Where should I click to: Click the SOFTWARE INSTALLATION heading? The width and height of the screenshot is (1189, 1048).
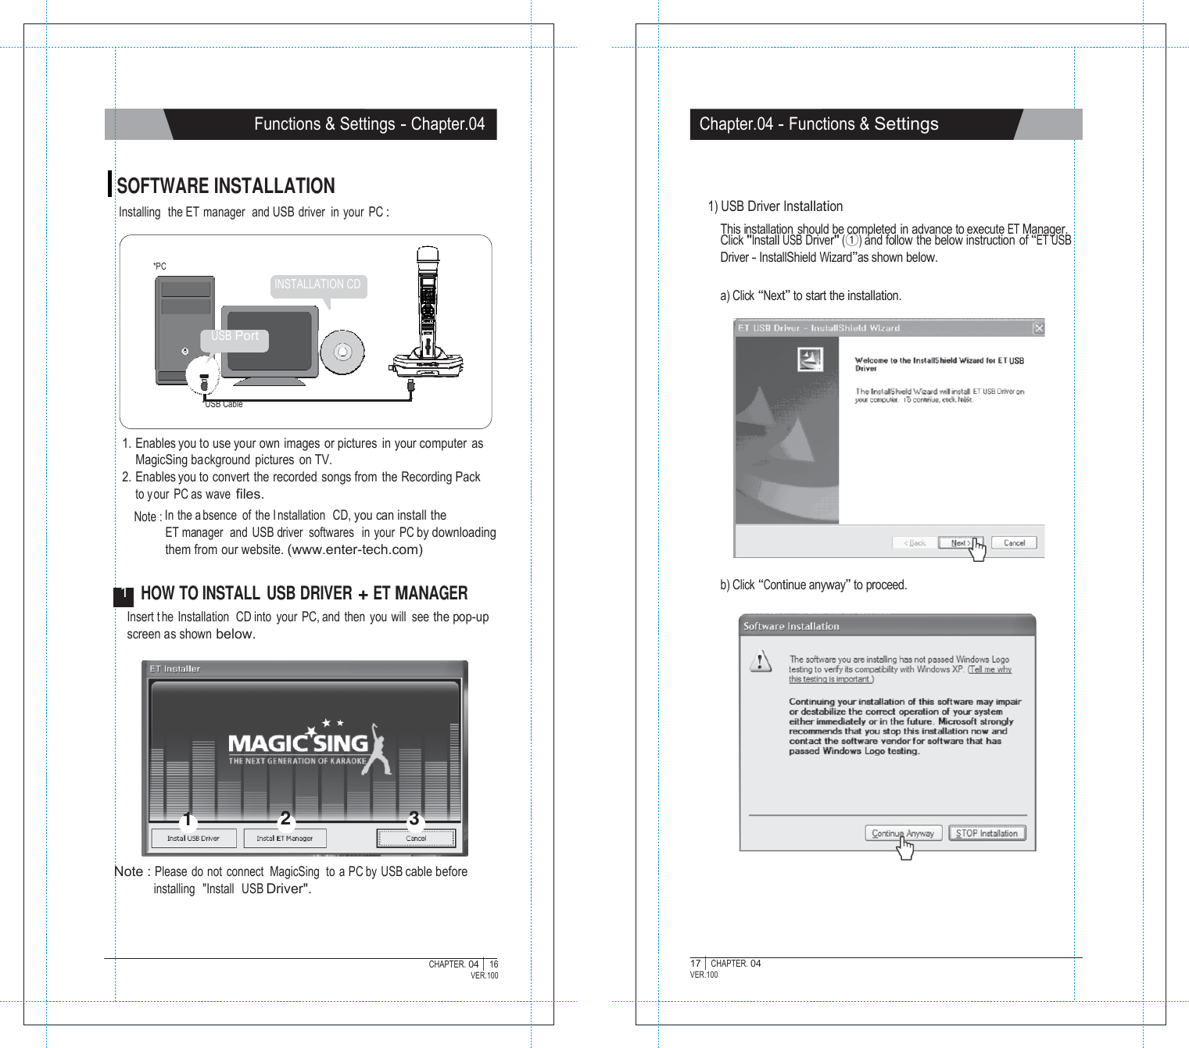pyautogui.click(x=225, y=186)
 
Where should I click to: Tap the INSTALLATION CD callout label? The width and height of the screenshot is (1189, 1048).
pyautogui.click(x=317, y=284)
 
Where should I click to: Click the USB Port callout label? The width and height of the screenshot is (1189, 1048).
pyautogui.click(x=235, y=337)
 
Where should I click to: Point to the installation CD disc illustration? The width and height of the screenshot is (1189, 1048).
pyautogui.click(x=342, y=352)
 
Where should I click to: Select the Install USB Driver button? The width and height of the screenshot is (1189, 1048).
pyautogui.click(x=193, y=839)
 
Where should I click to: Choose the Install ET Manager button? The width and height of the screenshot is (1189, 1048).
pyautogui.click(x=285, y=839)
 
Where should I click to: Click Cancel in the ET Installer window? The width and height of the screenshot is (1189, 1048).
pyautogui.click(x=416, y=839)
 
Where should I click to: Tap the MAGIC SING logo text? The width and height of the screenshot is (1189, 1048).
pyautogui.click(x=298, y=743)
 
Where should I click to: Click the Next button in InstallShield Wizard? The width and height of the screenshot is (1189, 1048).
pyautogui.click(x=960, y=543)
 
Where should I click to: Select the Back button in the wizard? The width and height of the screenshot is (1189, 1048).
pyautogui.click(x=914, y=543)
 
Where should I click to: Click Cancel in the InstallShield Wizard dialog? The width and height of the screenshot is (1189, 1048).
pyautogui.click(x=1014, y=543)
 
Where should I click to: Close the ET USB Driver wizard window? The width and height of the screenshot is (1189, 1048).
pyautogui.click(x=1038, y=328)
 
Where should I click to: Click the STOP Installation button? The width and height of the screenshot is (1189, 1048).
pyautogui.click(x=987, y=834)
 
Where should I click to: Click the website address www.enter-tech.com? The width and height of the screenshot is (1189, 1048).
pyautogui.click(x=355, y=550)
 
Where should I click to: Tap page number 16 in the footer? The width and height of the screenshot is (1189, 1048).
pyautogui.click(x=493, y=964)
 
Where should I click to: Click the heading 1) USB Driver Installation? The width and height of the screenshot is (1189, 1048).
pyautogui.click(x=775, y=206)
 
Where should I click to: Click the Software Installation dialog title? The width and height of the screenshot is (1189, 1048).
pyautogui.click(x=791, y=627)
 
